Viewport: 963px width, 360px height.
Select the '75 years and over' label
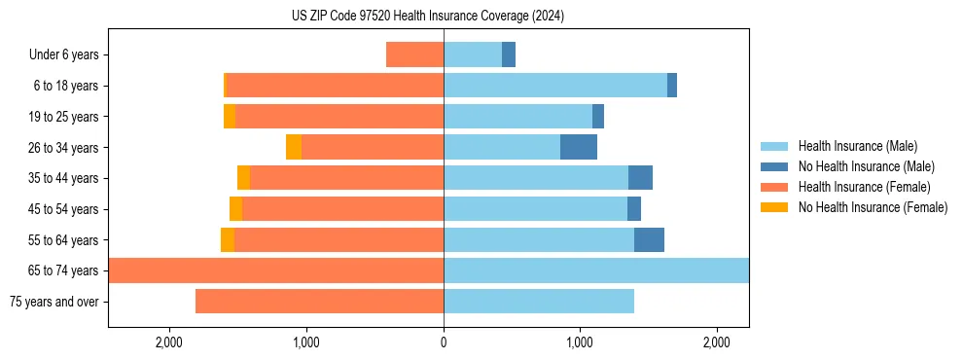(53, 302)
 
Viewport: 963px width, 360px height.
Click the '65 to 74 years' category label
(63, 270)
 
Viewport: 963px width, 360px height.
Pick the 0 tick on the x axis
(444, 342)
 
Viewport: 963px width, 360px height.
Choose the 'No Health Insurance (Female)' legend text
(873, 207)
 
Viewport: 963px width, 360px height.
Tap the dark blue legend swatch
(774, 166)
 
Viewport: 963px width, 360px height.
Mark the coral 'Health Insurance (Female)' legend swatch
(774, 187)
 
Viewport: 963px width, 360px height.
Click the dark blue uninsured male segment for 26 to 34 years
(579, 147)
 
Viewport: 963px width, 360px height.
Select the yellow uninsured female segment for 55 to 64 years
(228, 239)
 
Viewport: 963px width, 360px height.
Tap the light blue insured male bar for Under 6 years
(473, 54)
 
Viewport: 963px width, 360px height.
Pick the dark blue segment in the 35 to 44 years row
(640, 178)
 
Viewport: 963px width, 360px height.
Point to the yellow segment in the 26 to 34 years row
(294, 147)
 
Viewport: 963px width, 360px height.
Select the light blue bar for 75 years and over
(539, 302)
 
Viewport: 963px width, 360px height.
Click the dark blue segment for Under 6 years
(509, 54)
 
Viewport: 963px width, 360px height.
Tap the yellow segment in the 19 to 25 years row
(230, 117)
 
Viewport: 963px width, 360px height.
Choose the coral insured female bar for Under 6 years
(414, 54)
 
